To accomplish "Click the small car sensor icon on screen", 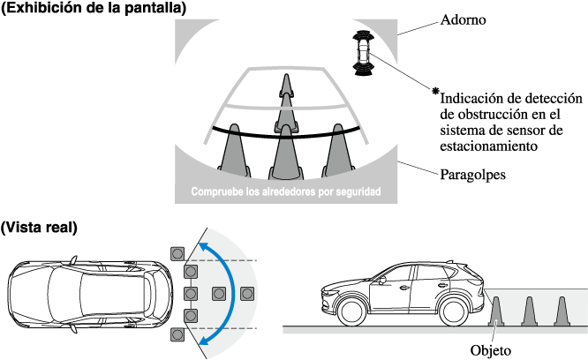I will (x=362, y=49).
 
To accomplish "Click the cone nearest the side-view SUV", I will (x=497, y=311).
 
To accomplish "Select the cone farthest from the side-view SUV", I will (x=560, y=311).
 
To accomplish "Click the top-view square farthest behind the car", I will (x=217, y=292).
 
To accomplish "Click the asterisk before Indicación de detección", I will (x=434, y=91).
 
